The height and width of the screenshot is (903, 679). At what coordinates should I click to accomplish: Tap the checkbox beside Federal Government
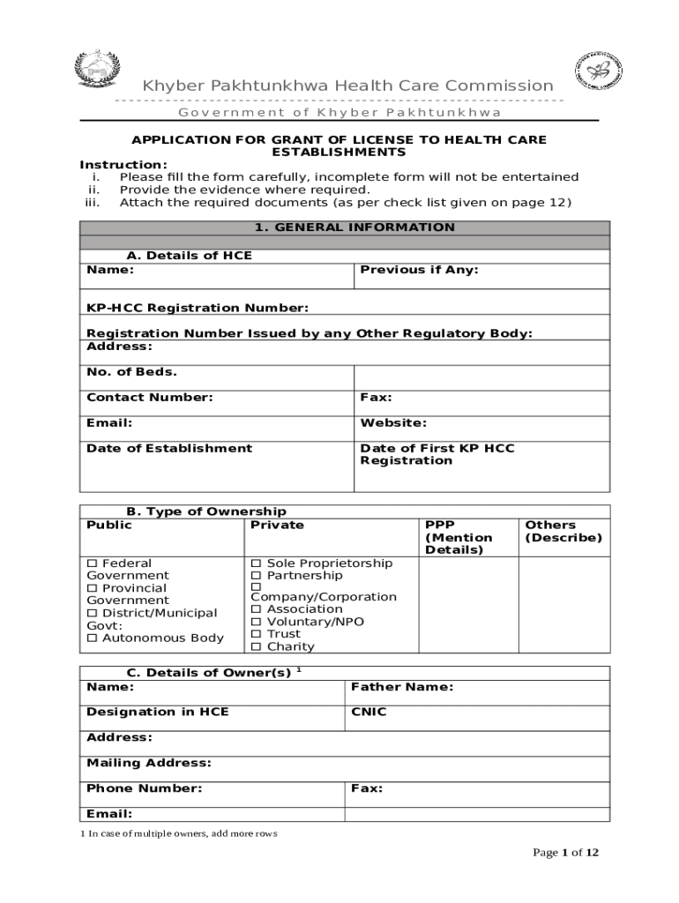click(92, 563)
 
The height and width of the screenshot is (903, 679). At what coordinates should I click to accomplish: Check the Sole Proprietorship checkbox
click(257, 563)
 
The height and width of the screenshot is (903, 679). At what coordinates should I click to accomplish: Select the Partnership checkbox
click(257, 576)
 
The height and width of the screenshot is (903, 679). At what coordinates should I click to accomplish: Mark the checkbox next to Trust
click(257, 634)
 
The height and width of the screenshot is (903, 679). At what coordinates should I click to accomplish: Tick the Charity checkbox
click(257, 646)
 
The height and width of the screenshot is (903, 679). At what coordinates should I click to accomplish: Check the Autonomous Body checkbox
click(92, 638)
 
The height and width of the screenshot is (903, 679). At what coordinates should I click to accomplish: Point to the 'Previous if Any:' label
click(419, 270)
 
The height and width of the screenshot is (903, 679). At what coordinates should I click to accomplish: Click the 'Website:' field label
click(393, 423)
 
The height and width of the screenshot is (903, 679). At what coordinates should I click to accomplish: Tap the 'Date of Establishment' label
click(169, 448)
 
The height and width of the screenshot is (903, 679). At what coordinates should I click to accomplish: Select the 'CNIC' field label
click(369, 712)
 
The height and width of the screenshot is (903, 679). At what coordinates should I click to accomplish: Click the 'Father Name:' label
click(402, 687)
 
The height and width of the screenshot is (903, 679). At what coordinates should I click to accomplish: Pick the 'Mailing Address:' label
click(149, 763)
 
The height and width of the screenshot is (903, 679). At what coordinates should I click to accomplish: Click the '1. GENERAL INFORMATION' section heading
click(354, 228)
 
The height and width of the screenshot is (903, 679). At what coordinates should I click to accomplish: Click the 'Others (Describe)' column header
click(563, 531)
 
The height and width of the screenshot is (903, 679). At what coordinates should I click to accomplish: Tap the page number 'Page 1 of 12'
click(566, 853)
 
